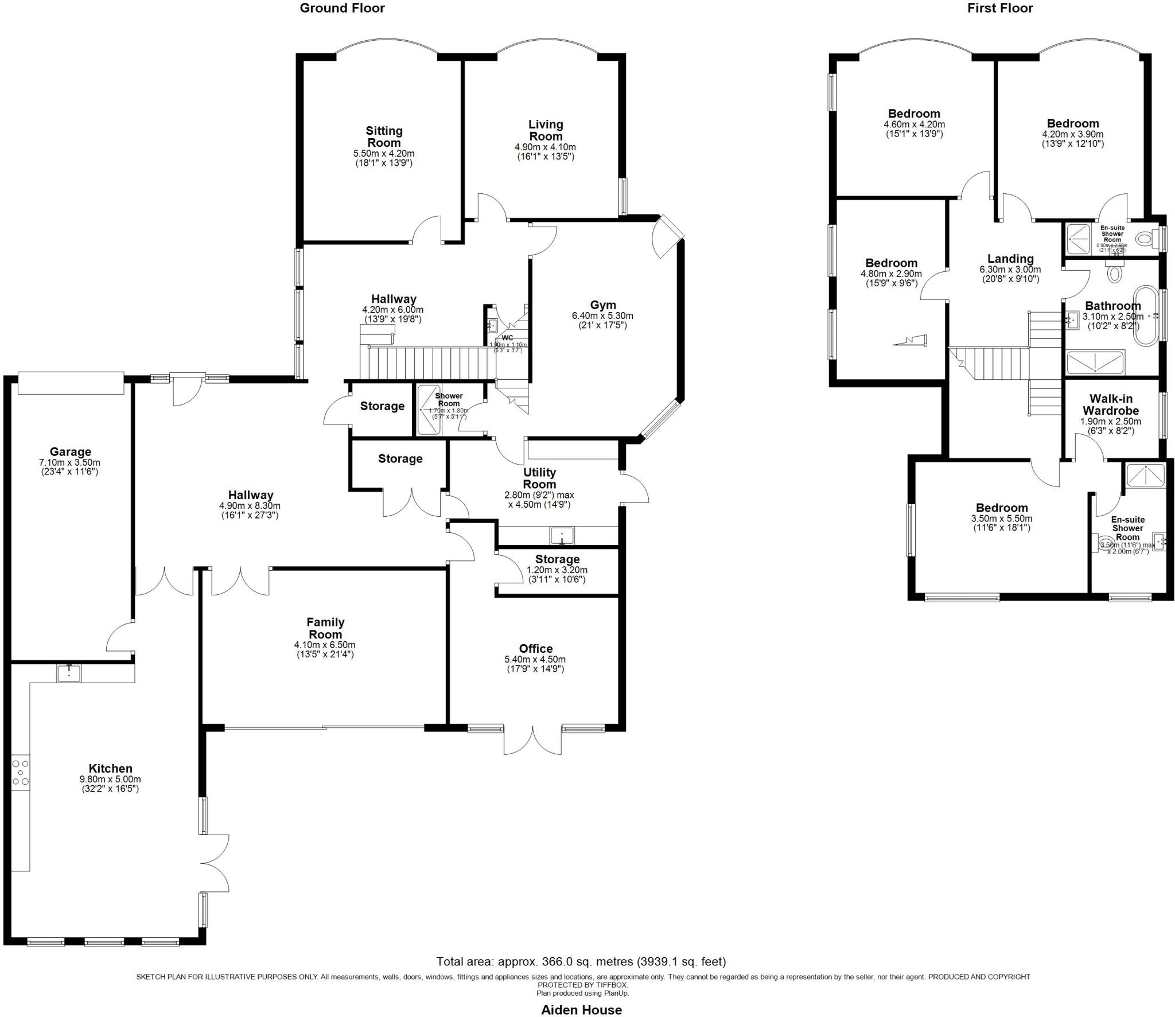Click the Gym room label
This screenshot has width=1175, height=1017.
tap(602, 305)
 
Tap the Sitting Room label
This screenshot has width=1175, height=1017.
tap(384, 137)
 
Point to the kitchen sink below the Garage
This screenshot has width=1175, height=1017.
tap(69, 673)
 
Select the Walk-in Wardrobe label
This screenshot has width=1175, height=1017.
tap(1110, 404)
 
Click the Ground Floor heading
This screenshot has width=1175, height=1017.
tap(342, 8)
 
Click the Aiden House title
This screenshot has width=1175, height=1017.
tap(581, 1010)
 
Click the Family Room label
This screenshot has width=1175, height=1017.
tap(325, 628)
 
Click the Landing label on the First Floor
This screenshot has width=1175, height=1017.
tap(1010, 259)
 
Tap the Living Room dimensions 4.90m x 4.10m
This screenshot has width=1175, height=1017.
tap(545, 147)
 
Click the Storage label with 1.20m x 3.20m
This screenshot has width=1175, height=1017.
tap(557, 559)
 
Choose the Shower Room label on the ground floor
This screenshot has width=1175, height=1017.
tap(449, 399)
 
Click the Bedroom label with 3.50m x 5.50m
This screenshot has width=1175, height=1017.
tap(1002, 508)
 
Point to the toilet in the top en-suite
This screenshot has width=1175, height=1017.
tap(1143, 238)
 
